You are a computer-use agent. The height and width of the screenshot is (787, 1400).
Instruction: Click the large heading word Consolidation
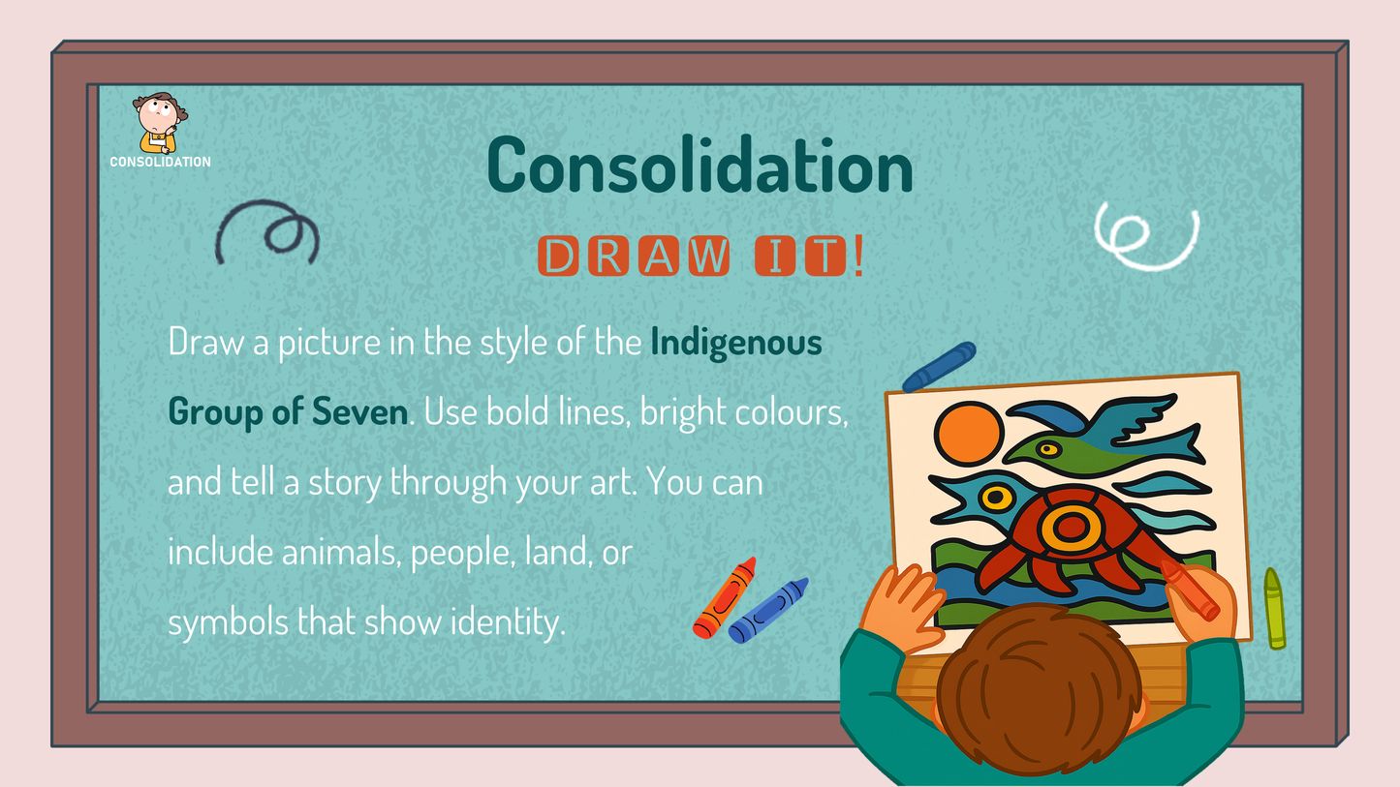tap(700, 166)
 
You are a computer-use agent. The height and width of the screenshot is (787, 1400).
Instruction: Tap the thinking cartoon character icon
tap(160, 123)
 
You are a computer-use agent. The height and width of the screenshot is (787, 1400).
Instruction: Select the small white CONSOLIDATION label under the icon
tap(161, 162)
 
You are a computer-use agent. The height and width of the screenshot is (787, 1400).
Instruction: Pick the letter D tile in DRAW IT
tap(558, 256)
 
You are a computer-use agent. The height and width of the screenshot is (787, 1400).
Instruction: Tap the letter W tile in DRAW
tap(709, 256)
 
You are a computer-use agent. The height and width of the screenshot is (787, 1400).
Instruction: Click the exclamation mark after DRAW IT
tap(858, 256)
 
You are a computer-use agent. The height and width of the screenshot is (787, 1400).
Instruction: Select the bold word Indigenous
tap(736, 343)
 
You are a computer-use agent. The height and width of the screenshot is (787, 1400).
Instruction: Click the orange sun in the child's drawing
tap(968, 434)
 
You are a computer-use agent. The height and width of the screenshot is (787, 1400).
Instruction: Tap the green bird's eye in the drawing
tap(1048, 448)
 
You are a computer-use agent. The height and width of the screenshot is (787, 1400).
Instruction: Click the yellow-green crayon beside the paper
tap(1274, 608)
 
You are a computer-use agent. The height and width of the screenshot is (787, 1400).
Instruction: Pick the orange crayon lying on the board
tap(725, 597)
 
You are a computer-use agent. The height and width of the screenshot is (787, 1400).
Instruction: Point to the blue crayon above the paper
tap(939, 367)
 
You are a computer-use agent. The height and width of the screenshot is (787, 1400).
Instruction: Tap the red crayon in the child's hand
tap(1191, 590)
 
